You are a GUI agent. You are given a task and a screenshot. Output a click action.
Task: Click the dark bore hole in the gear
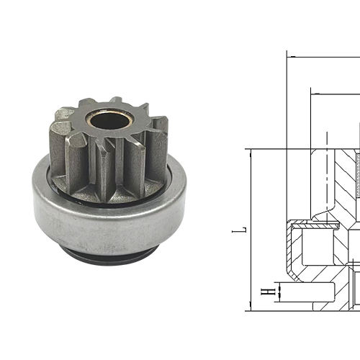click(x=104, y=119)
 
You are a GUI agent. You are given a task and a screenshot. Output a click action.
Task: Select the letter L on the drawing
click(x=243, y=230)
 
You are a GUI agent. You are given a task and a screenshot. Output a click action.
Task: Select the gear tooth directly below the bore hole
click(x=106, y=173)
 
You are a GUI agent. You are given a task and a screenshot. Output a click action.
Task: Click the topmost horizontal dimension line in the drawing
click(x=324, y=55)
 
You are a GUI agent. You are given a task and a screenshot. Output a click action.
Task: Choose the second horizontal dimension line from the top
click(x=336, y=91)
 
